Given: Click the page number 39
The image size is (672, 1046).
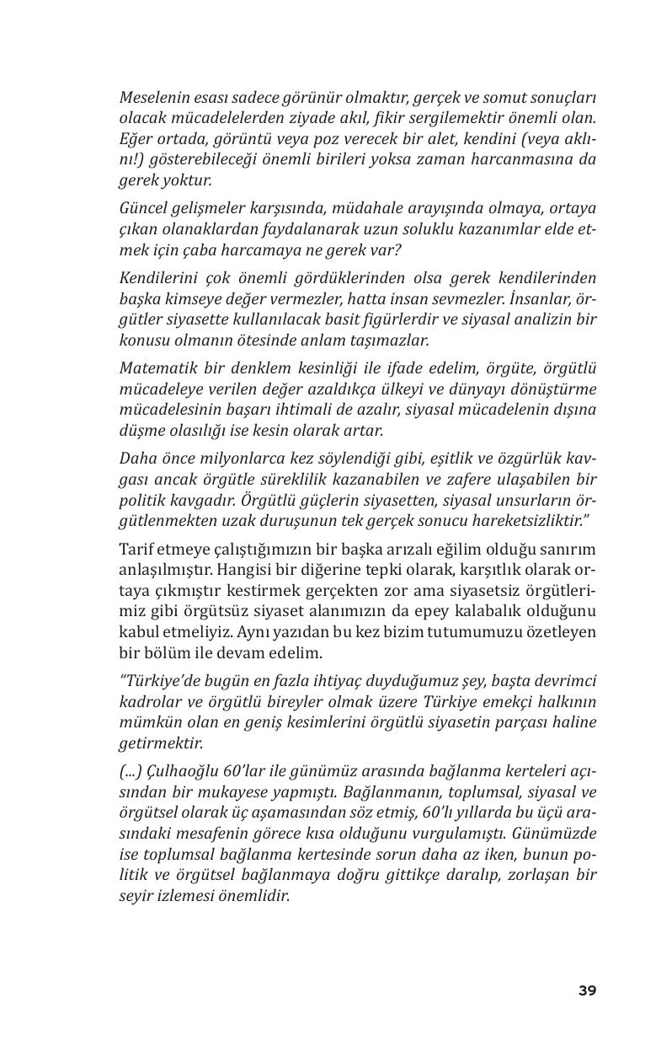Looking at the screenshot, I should (x=587, y=990).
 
